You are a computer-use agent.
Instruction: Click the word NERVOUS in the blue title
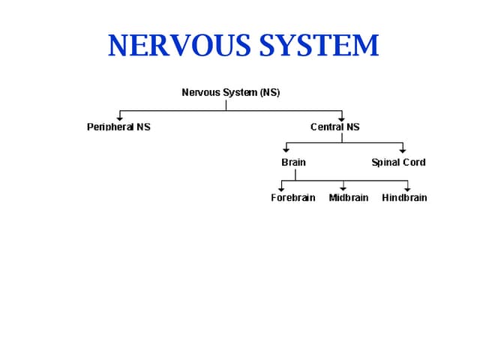click(x=180, y=46)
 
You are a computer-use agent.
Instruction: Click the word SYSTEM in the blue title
click(x=319, y=46)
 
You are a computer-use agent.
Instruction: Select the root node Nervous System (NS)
click(x=231, y=92)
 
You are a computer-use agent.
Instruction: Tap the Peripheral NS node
click(x=118, y=127)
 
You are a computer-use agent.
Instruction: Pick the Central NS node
click(x=334, y=127)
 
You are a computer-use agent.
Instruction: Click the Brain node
click(x=293, y=162)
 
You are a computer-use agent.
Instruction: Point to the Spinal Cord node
click(x=398, y=162)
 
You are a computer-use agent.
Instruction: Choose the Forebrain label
click(x=293, y=198)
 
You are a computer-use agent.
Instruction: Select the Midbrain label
click(x=349, y=198)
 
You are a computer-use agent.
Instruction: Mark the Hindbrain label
click(x=404, y=198)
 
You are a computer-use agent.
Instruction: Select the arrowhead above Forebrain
click(x=281, y=187)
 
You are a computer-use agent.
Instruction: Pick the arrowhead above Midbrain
click(x=343, y=187)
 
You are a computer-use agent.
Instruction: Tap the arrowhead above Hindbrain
click(x=408, y=187)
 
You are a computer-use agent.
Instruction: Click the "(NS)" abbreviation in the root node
click(x=270, y=92)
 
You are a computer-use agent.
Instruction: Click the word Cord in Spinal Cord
click(x=414, y=162)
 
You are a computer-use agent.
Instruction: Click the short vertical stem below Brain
click(x=295, y=175)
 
